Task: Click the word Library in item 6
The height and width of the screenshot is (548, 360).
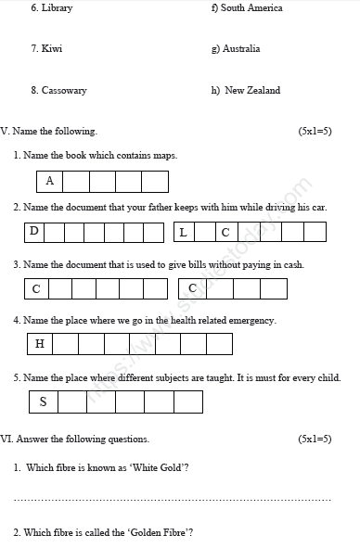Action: point(57,8)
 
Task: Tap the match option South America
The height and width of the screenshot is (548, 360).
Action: point(251,8)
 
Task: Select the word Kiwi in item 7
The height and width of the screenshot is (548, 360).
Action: point(52,48)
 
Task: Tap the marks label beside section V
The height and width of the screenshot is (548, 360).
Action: point(315,132)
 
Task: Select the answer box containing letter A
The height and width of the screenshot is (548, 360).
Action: point(50,181)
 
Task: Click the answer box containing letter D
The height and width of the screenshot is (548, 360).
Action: point(34,231)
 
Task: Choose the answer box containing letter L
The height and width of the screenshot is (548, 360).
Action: point(183,232)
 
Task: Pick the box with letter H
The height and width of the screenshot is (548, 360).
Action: point(40,344)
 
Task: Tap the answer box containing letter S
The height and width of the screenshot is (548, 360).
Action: point(43,401)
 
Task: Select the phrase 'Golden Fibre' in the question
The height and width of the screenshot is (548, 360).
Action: point(159,532)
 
